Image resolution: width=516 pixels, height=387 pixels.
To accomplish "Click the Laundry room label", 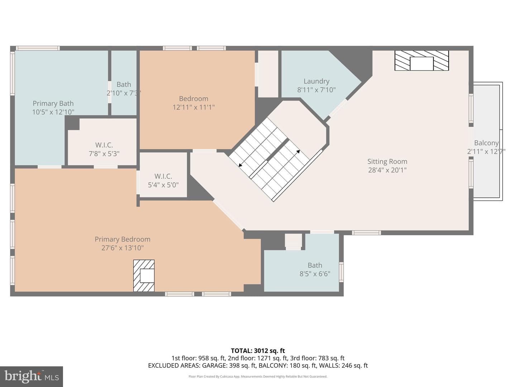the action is [x=316, y=81].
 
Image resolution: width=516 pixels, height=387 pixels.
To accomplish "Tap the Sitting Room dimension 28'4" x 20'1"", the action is [x=387, y=170].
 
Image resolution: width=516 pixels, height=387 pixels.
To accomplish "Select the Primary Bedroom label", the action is [x=123, y=239].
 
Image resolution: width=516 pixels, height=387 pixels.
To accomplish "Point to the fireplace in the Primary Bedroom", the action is [x=144, y=276].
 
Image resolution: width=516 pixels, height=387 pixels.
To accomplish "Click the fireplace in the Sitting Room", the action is [x=421, y=61].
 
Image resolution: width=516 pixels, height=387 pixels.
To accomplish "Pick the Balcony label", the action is [x=486, y=143].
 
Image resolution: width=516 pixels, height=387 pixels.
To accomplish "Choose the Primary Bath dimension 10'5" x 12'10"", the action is [x=53, y=112].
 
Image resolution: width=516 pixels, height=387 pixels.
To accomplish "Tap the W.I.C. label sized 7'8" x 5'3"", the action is [x=104, y=145].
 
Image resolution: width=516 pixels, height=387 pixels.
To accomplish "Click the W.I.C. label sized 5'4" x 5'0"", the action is [x=163, y=176].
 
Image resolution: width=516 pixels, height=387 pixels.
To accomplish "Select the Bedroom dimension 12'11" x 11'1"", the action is [x=193, y=107].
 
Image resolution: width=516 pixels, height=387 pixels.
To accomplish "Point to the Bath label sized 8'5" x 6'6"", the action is [x=315, y=265].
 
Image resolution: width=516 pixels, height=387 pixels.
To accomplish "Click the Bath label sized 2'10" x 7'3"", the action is [x=124, y=84].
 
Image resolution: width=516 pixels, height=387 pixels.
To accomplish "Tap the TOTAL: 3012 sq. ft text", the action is [x=258, y=351].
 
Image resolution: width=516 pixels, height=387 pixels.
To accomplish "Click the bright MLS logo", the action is [x=32, y=376].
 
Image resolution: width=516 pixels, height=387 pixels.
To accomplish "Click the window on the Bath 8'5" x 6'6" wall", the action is [x=341, y=272].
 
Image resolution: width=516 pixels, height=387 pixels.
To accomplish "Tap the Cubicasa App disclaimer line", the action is [x=258, y=376].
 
